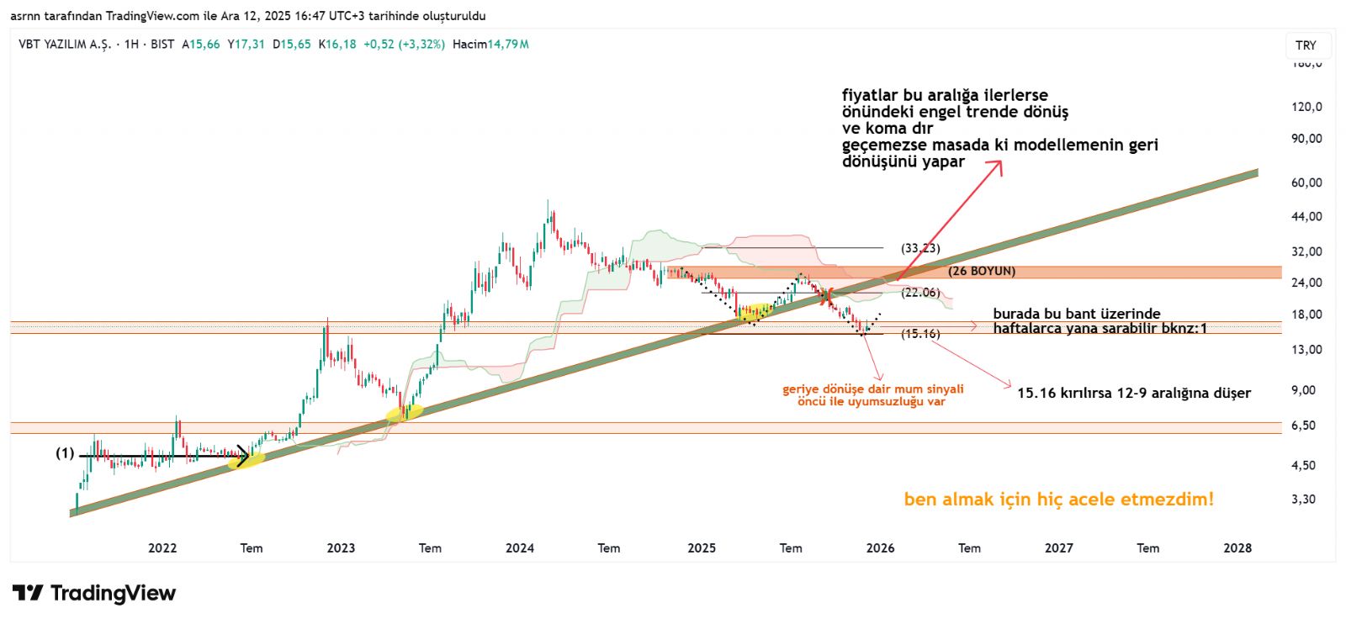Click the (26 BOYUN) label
click(982, 272)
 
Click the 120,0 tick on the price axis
click(1306, 107)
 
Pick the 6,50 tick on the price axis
click(1303, 426)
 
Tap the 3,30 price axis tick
click(1303, 500)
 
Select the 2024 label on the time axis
click(520, 548)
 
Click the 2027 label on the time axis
click(1058, 548)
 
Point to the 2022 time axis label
click(162, 548)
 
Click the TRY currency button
click(1306, 45)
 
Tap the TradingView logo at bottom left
click(93, 593)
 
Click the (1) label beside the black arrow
click(65, 453)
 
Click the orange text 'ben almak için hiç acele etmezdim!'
click(1058, 500)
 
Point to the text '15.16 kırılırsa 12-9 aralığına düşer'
click(1133, 394)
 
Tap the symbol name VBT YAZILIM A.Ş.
click(65, 45)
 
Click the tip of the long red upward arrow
click(1001, 161)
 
